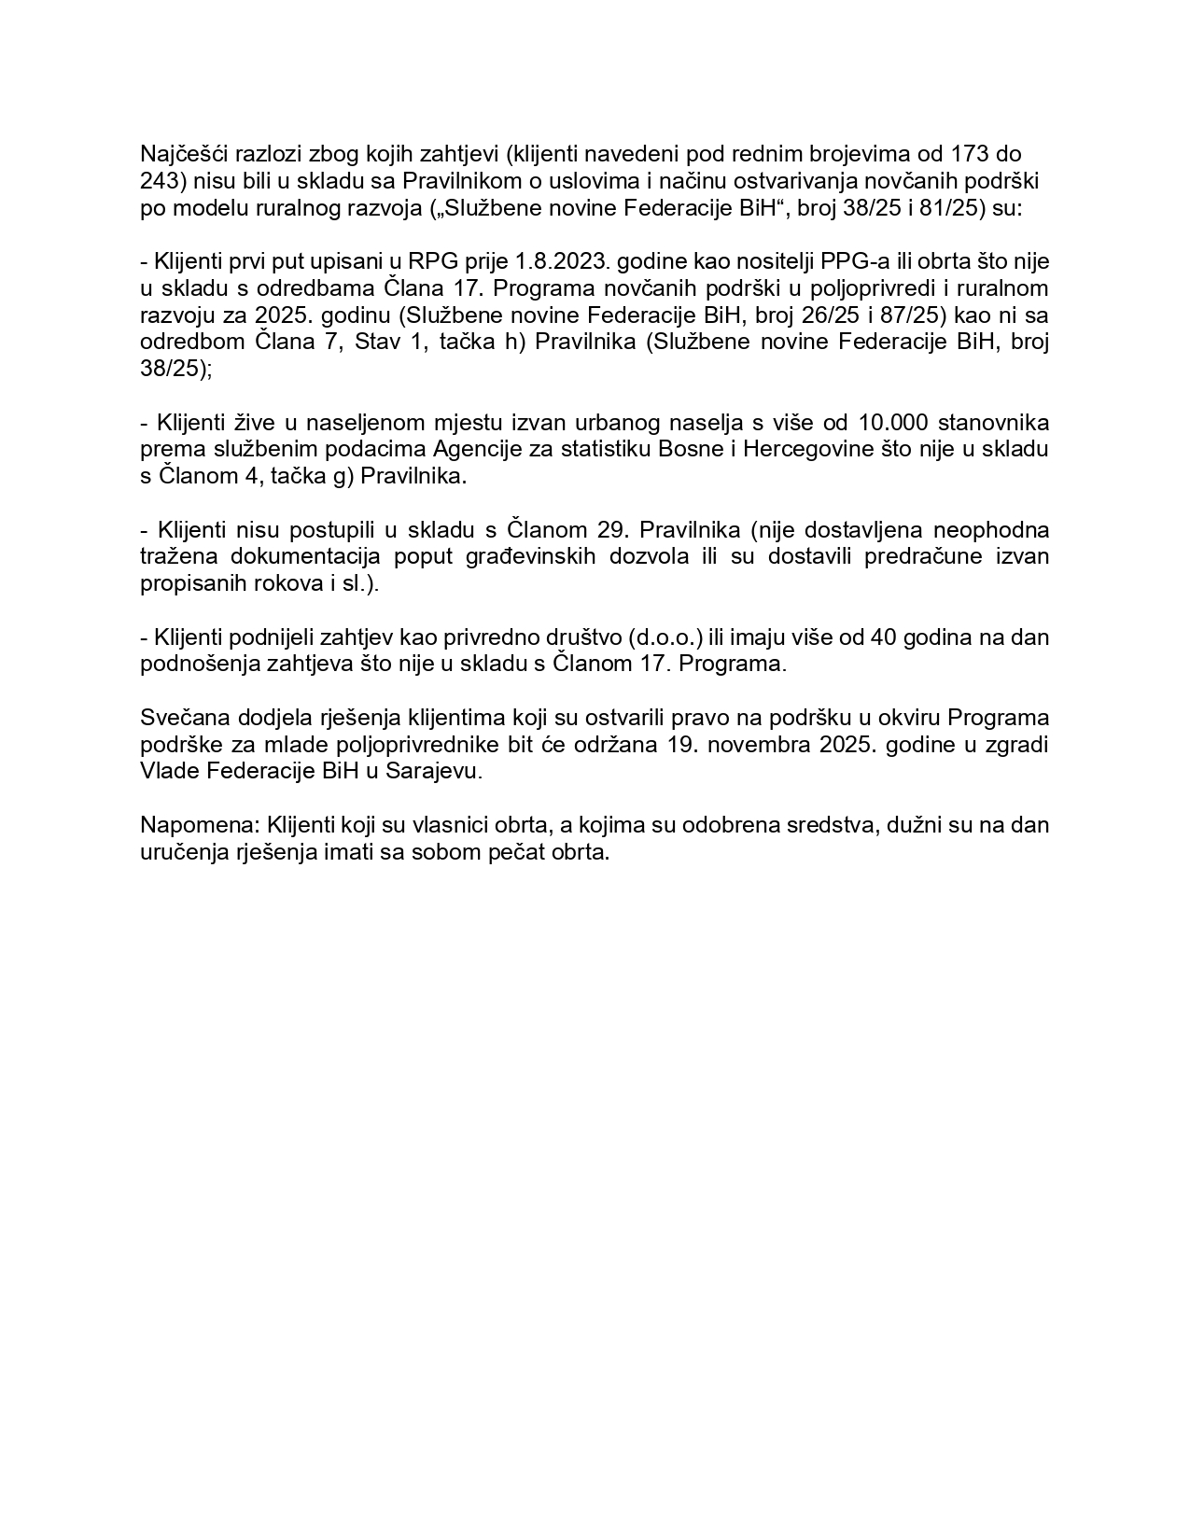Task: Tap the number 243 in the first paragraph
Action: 160,180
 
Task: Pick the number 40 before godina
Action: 884,638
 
